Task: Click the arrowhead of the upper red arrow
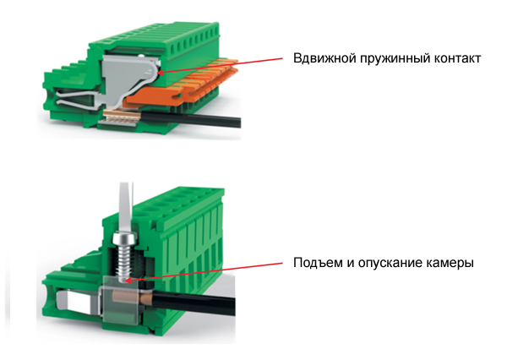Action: tap(160, 72)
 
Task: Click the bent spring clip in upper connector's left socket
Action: tap(78, 98)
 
